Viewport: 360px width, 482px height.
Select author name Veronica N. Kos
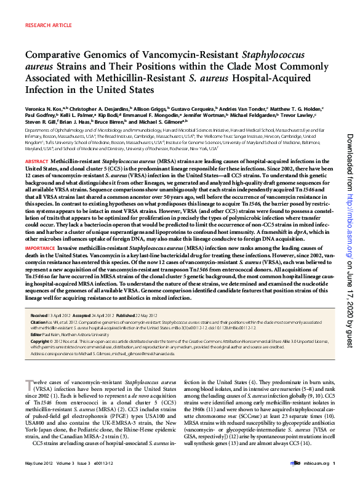coord(44,106)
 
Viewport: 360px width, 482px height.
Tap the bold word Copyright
coord(41,340)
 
